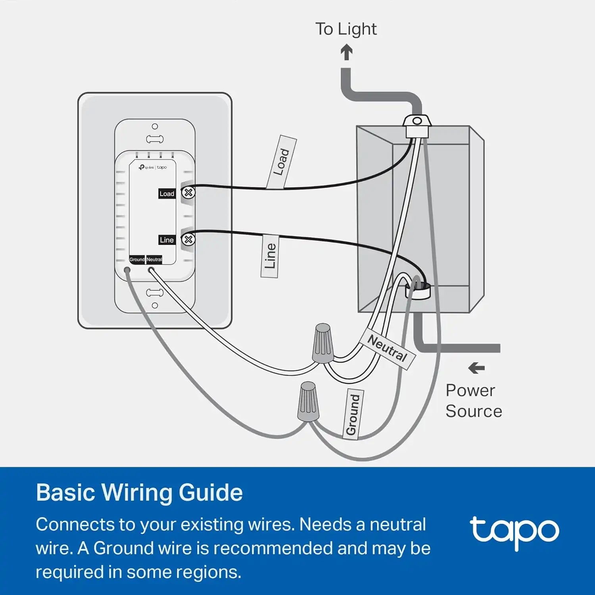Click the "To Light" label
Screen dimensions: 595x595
(x=346, y=29)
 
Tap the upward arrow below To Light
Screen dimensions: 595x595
(x=347, y=52)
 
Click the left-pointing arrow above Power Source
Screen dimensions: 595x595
(x=476, y=368)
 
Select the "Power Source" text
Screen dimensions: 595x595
(x=474, y=401)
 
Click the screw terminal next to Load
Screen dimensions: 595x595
(x=188, y=193)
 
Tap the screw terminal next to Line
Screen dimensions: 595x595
(x=188, y=240)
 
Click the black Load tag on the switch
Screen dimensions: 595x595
(x=167, y=194)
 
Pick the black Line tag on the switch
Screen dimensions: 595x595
(x=167, y=240)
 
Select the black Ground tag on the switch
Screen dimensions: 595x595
(x=137, y=259)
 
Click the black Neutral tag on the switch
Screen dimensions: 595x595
(x=154, y=259)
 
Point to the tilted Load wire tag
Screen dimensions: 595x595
(x=282, y=162)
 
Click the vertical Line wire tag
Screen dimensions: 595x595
(x=270, y=256)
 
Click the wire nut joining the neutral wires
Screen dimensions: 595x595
(x=323, y=344)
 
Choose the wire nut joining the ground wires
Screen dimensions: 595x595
(x=308, y=401)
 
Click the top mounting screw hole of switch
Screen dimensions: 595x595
(x=155, y=127)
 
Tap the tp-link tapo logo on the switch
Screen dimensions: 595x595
(x=153, y=167)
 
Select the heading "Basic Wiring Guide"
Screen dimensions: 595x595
(x=139, y=492)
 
